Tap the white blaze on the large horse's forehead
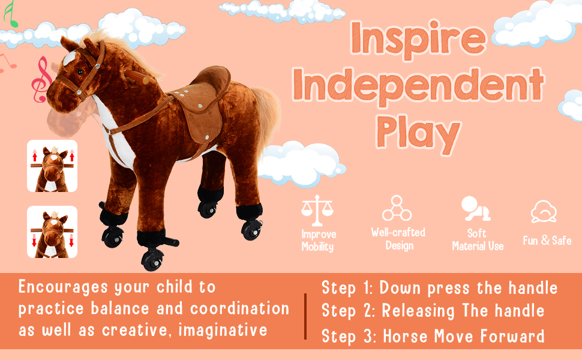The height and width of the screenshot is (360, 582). coord(70,58)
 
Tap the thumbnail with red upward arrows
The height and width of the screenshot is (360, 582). coord(52,166)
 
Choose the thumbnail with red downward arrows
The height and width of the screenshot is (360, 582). coord(52,232)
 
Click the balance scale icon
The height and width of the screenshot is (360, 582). coord(317,211)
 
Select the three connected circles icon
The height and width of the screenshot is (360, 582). coord(397,208)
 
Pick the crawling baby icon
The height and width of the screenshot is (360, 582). coord(475,209)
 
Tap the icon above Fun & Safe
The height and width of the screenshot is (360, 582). coord(544,212)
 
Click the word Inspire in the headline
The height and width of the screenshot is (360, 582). coord(418,39)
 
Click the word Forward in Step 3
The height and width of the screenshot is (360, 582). coord(512,336)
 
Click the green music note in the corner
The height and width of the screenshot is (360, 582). coord(10,14)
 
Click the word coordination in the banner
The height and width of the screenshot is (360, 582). coord(240,308)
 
